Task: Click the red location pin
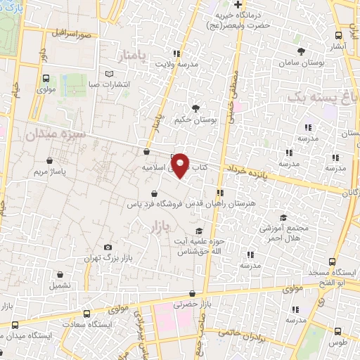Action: click(x=181, y=165)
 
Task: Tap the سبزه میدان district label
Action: click(x=56, y=133)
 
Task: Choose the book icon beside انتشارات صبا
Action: click(x=108, y=74)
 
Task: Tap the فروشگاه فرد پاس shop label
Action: click(x=153, y=205)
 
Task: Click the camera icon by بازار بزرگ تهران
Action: click(x=107, y=247)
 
